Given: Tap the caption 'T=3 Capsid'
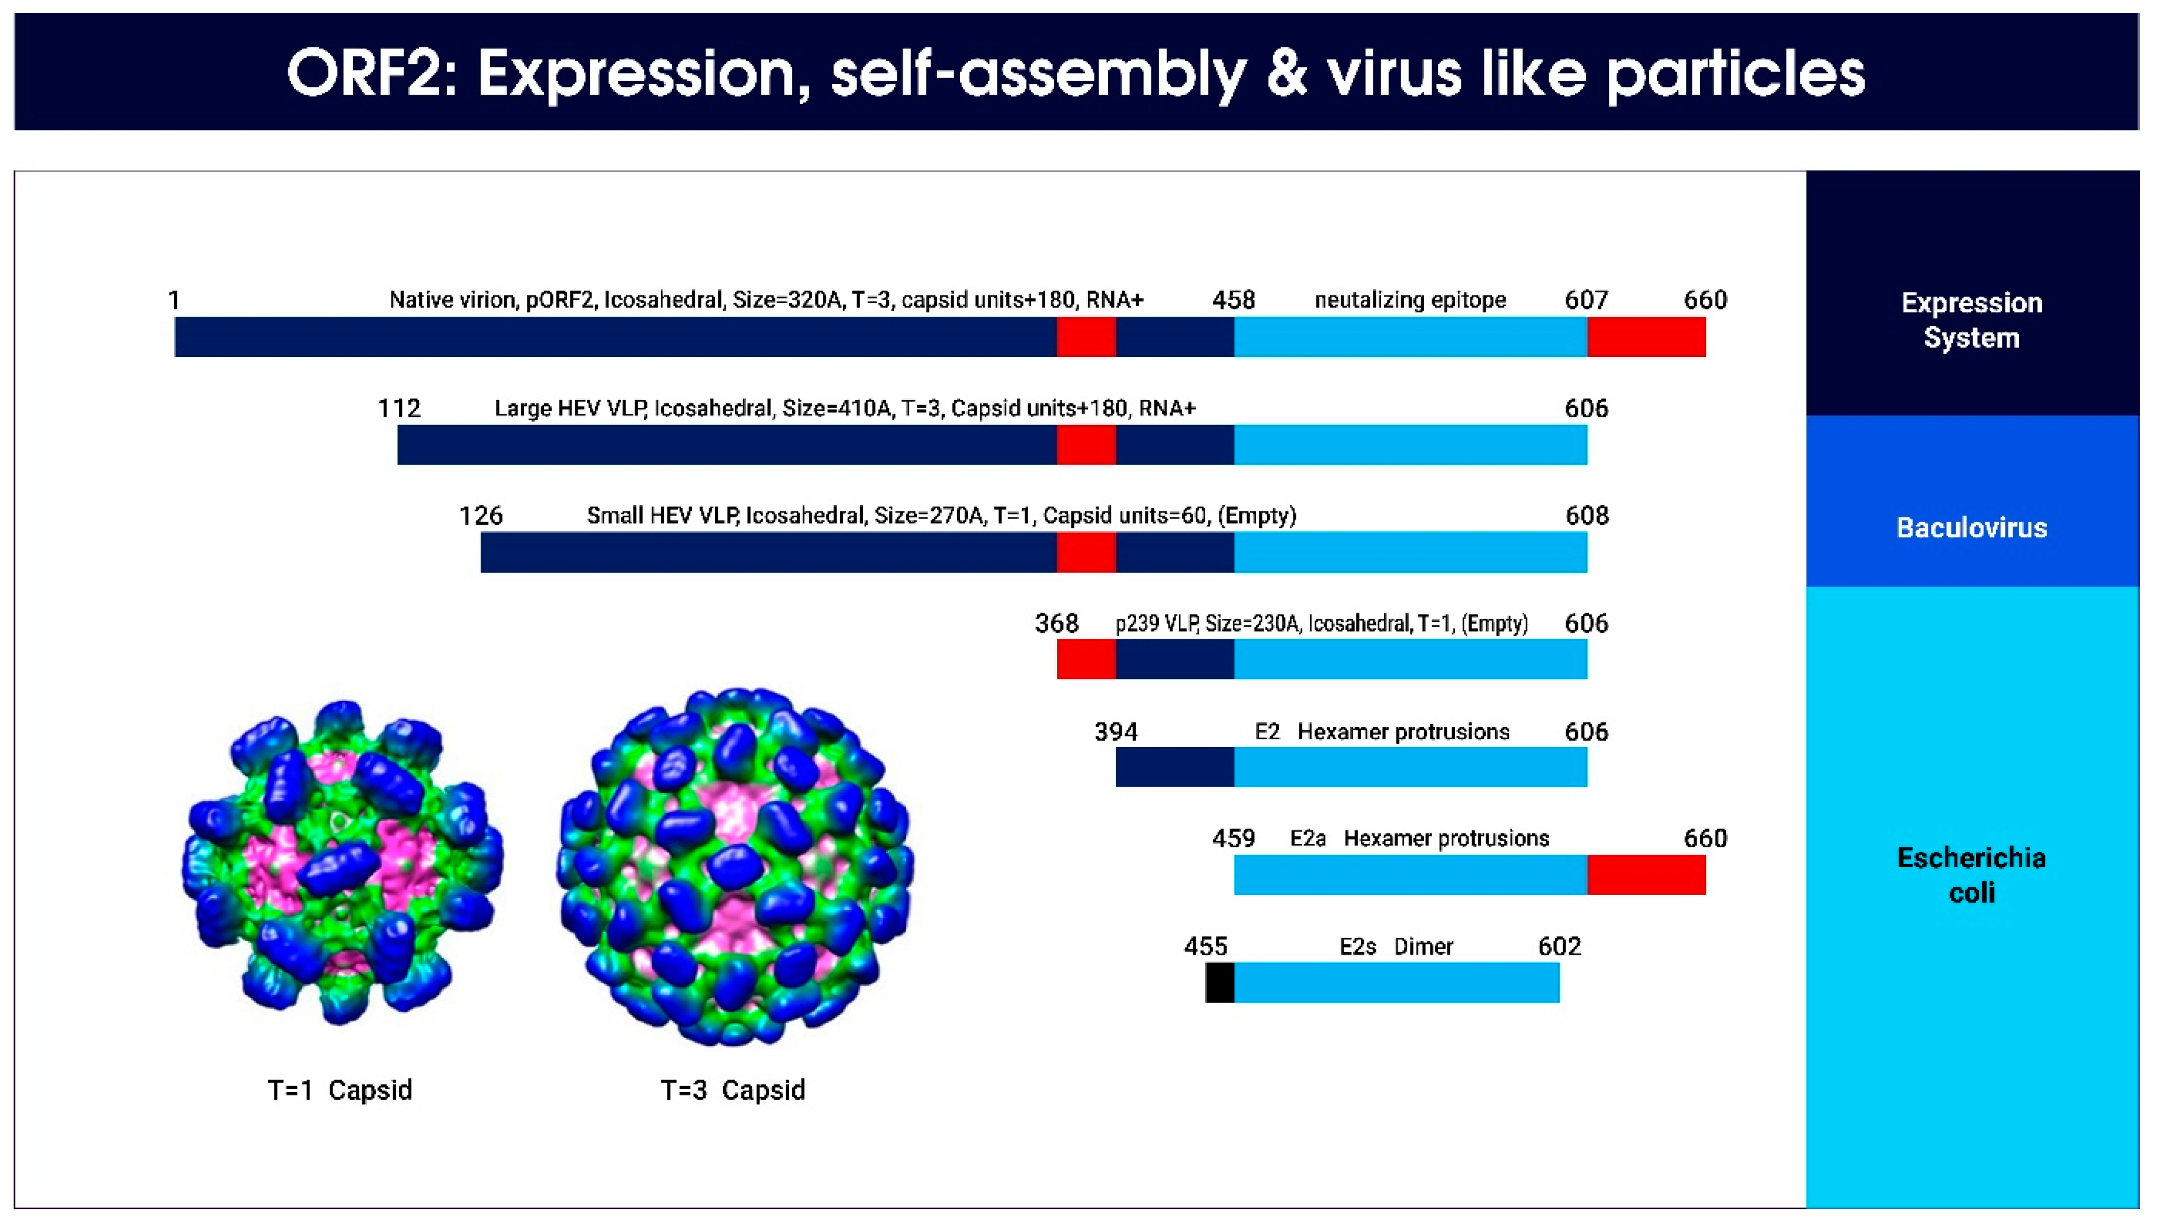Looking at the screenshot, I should coord(732,1090).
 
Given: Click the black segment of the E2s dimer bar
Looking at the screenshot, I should coord(1219,983).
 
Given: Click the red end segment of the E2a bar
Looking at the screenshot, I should coord(1646,875).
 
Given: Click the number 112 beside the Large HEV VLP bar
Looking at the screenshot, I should coord(398,409).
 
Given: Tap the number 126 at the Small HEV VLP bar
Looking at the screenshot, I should coord(480,516).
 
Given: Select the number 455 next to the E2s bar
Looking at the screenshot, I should coord(1205,946).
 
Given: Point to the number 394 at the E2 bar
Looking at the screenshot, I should coord(1116,732).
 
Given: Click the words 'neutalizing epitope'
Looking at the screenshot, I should coord(1409,300).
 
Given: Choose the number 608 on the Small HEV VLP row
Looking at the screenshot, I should coord(1586,516).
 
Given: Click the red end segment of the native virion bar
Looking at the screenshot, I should coord(1646,337).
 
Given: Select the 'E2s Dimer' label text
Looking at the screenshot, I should coord(1395,946).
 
